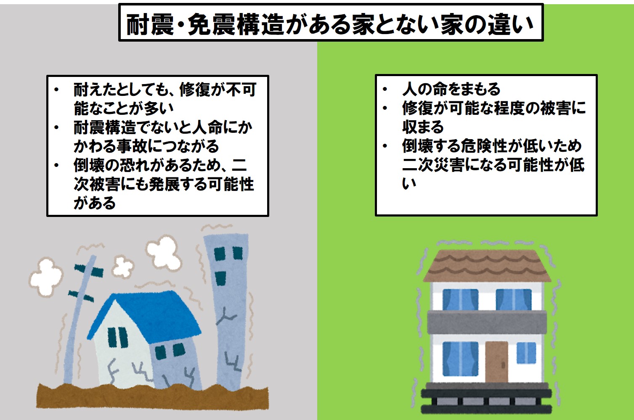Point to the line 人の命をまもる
tap(451, 89)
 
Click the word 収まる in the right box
tap(423, 127)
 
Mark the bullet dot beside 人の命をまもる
tap(385, 89)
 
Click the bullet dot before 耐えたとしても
tap(56, 90)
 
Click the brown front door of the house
tap(496, 362)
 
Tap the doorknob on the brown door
tap(503, 365)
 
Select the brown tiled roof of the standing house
tap(487, 266)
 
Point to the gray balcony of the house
tap(487, 322)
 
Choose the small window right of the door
tap(526, 353)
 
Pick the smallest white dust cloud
tap(122, 267)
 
